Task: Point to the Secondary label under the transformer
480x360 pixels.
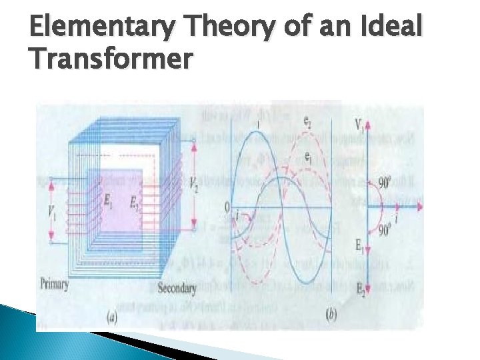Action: click(177, 289)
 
